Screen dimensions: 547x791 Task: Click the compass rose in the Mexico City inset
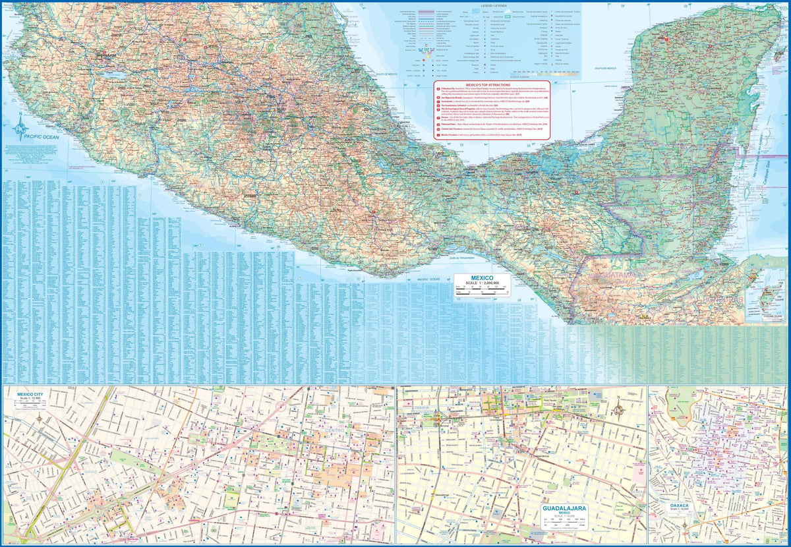[x=41, y=418]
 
